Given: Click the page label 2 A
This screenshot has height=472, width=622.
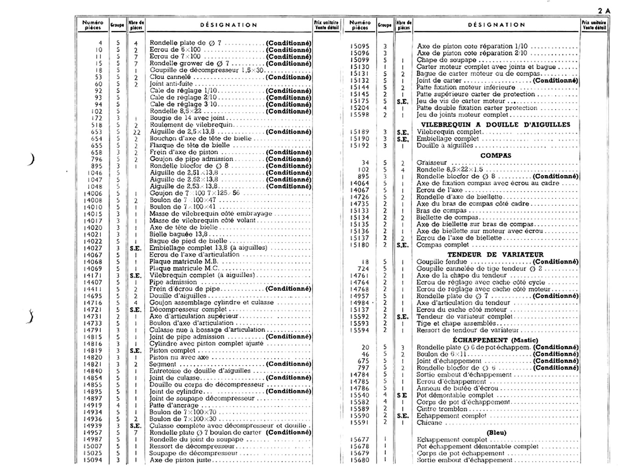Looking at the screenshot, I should [x=603, y=11].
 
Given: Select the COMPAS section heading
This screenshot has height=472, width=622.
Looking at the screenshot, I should [x=495, y=155].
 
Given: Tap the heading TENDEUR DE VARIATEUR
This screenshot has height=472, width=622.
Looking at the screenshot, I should [x=495, y=254].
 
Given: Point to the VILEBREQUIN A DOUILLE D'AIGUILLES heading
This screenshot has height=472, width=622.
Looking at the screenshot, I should [x=495, y=125].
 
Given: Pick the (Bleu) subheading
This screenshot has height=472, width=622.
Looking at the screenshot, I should [x=496, y=433].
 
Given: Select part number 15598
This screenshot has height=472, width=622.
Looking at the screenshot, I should [x=360, y=115].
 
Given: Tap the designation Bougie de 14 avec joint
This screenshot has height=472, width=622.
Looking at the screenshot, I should [x=187, y=118].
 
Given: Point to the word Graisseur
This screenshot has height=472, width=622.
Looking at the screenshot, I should [x=432, y=162].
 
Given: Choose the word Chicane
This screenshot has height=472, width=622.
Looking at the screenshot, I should [x=429, y=423].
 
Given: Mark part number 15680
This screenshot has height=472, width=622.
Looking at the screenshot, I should [x=360, y=460].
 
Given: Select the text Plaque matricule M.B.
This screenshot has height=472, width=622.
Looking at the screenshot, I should [x=184, y=262].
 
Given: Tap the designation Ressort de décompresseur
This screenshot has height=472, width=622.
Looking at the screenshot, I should [x=191, y=446].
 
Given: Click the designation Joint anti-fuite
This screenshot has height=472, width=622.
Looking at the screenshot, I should [x=171, y=84].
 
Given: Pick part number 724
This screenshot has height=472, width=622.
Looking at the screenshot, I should [x=364, y=269].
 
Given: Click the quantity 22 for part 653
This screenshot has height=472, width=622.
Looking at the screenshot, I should [x=136, y=132].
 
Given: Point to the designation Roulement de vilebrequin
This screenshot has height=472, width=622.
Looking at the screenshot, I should [x=191, y=125].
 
